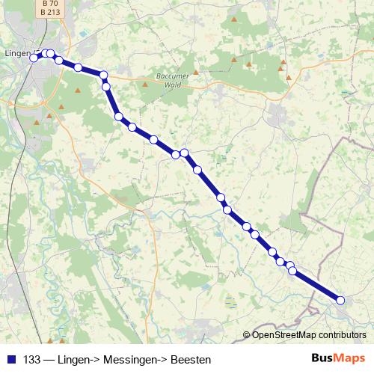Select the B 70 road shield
tap(49, 4)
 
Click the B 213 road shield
tap(49, 12)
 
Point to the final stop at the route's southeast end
tap(340, 300)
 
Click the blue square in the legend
tap(10, 359)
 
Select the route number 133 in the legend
tap(32, 359)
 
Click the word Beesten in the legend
tap(191, 359)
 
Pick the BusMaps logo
tap(338, 358)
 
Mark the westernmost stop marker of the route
tap(34, 58)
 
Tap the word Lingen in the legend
tap(72, 359)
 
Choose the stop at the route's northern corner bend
tap(104, 75)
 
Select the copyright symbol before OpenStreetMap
tap(246, 334)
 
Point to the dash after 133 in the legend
tap(48, 359)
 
